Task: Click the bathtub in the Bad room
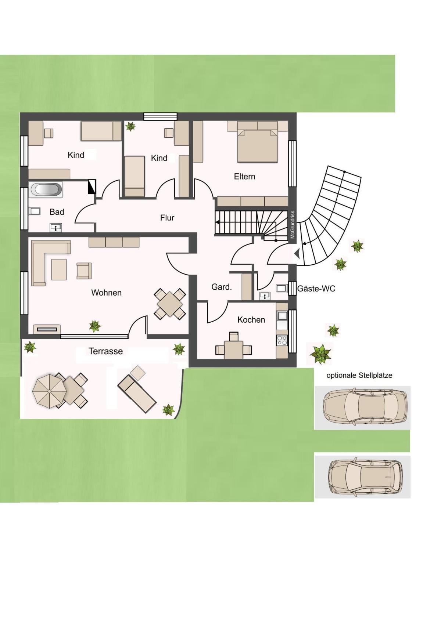click(x=46, y=190)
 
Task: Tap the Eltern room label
click(x=244, y=177)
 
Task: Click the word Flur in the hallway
click(x=167, y=218)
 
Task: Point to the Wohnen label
click(x=106, y=293)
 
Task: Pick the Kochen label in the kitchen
click(x=251, y=320)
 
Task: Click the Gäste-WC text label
click(x=316, y=289)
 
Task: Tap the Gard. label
click(x=222, y=287)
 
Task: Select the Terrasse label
click(x=106, y=351)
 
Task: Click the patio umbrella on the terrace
click(x=49, y=391)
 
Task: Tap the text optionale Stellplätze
click(x=359, y=376)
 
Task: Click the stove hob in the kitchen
click(x=282, y=340)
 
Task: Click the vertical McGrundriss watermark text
click(x=292, y=225)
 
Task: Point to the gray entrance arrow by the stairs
click(x=297, y=253)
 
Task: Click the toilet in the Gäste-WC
click(x=282, y=288)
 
